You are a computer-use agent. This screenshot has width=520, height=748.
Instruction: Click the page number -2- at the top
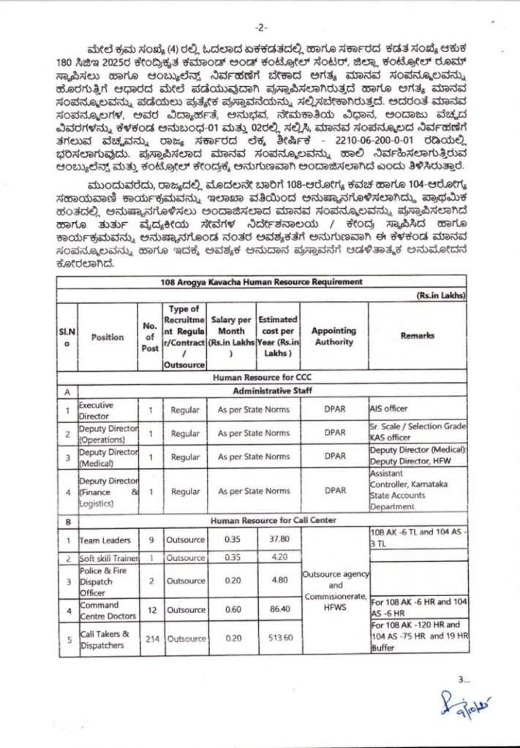[260, 27]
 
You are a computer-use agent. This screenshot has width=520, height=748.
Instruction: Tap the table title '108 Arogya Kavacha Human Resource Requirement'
[260, 281]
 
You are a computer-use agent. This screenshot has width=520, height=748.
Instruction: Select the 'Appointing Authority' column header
[334, 336]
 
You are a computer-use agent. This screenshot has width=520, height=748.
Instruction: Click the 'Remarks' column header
[418, 336]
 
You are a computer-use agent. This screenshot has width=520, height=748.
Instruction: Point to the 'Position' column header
[108, 337]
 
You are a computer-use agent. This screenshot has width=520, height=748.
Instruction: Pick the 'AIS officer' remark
[388, 409]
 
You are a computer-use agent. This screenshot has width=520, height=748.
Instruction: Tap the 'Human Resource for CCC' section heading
[260, 378]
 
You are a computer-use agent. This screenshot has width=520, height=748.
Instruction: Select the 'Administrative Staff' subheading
[260, 392]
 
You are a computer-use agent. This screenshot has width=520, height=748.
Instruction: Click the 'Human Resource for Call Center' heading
[260, 521]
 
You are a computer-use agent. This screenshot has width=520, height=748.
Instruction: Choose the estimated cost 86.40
[278, 608]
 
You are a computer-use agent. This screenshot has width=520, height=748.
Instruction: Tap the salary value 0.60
[232, 608]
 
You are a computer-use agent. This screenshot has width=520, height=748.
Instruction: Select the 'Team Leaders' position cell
[105, 541]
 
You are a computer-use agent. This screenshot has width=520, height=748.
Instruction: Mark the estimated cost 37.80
[278, 541]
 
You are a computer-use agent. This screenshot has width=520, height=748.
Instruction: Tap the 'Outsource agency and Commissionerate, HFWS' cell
[334, 587]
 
